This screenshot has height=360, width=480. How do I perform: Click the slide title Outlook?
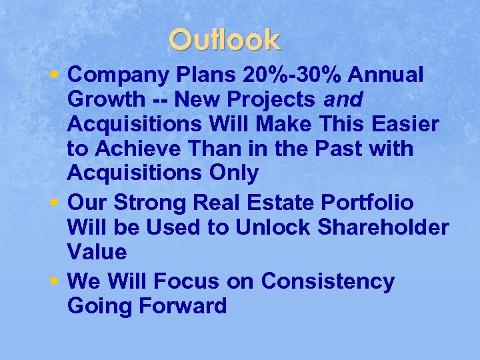click(x=225, y=40)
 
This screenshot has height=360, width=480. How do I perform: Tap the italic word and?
click(x=343, y=100)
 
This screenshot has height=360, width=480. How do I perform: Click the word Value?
click(x=97, y=251)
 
